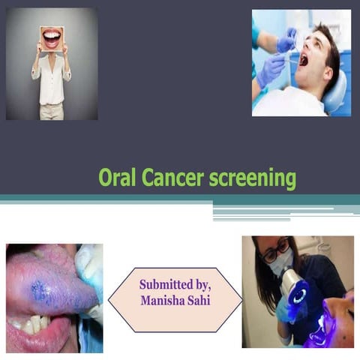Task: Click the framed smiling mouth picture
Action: coord(52,37)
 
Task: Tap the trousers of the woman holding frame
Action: coord(51,111)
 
